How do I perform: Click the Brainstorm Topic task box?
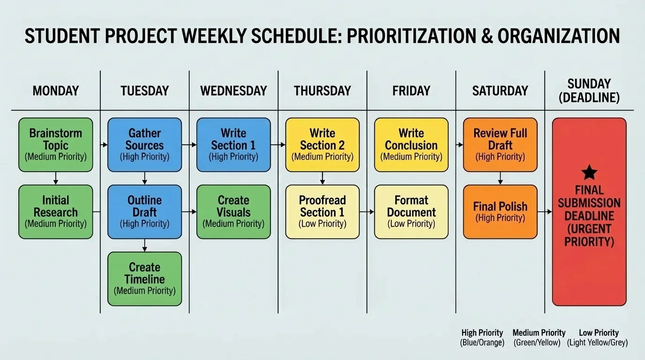coord(56,144)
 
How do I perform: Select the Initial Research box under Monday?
coord(56,211)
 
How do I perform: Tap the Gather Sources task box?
coord(144,144)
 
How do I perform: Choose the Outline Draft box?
coord(144,211)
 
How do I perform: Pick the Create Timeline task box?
coord(144,279)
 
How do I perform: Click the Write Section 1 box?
coord(233,144)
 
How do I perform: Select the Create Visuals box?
coord(233,211)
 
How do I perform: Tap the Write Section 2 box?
coord(322,144)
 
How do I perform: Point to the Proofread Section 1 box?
coord(322,211)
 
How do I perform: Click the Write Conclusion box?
coord(411,144)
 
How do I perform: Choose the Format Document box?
coord(411,211)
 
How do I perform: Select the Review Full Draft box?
coord(500,144)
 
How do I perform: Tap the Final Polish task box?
coord(500,211)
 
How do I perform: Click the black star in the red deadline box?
coord(589,173)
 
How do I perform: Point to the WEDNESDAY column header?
coord(233,90)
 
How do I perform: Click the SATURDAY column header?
coord(500,90)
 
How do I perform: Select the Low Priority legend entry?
coord(598,337)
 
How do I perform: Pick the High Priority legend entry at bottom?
coord(482,337)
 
